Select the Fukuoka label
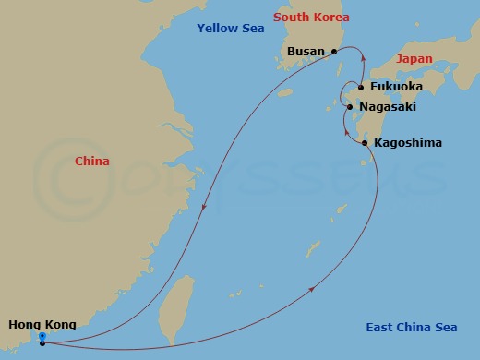click(395, 87)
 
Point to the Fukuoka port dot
click(361, 88)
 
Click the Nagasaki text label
click(388, 107)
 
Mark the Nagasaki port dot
click(350, 107)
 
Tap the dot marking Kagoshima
click(365, 143)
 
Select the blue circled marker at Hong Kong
click(42, 337)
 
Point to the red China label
click(92, 162)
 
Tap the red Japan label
click(414, 58)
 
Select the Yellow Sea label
click(231, 29)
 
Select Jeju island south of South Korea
click(284, 92)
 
